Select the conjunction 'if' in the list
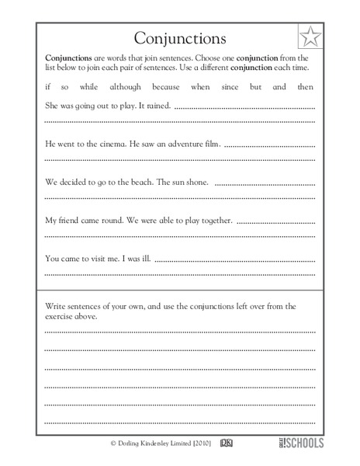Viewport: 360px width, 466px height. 48,87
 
